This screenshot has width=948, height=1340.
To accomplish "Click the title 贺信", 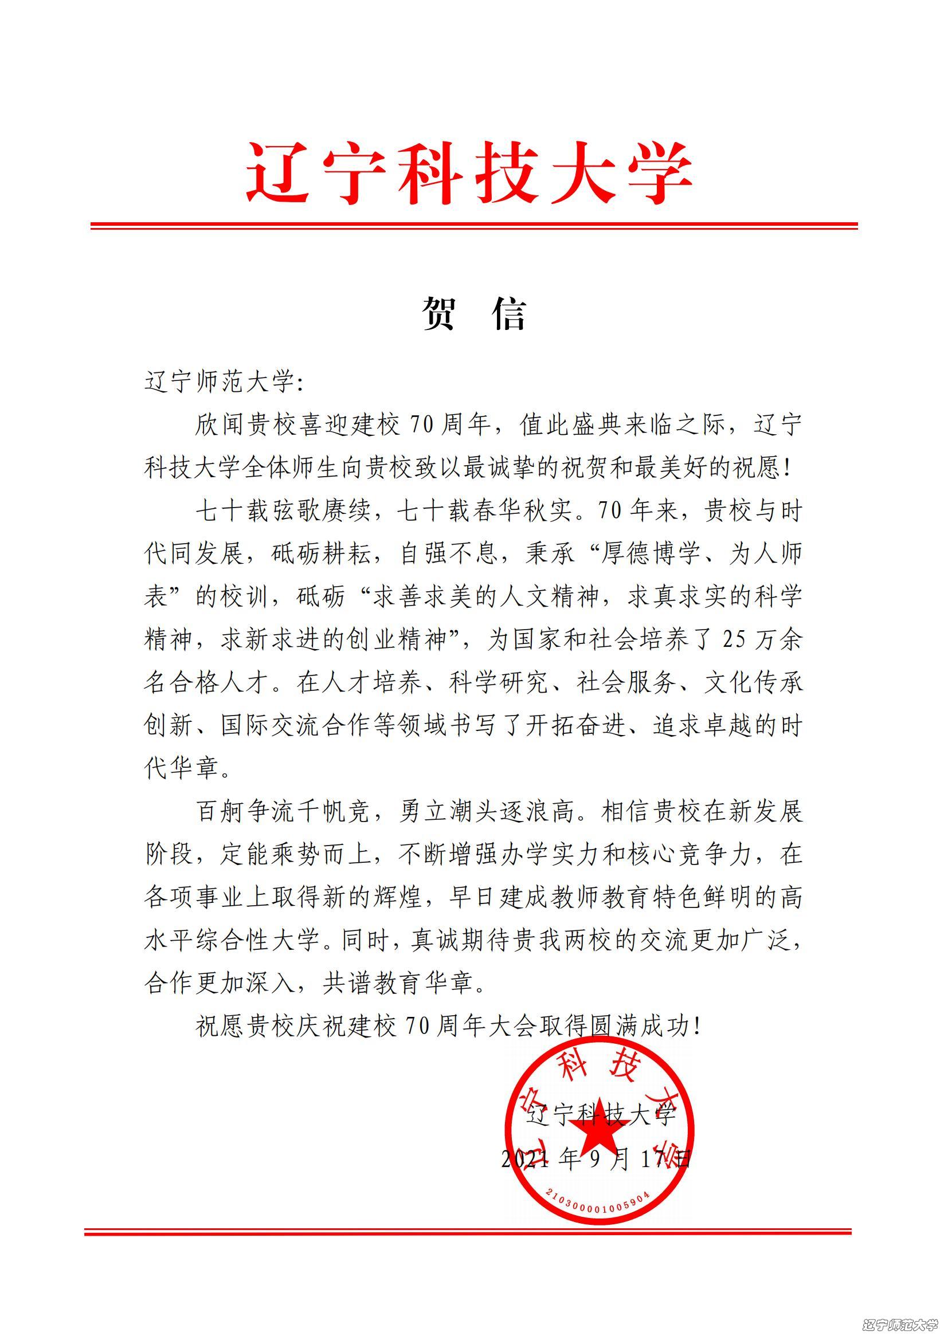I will pyautogui.click(x=474, y=313).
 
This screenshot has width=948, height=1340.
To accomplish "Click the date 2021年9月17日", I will pyautogui.click(x=596, y=1159).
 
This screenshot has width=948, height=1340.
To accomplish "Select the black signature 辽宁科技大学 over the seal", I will pyautogui.click(x=601, y=1115).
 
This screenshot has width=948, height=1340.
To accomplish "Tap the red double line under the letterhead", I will pyautogui.click(x=474, y=225).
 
